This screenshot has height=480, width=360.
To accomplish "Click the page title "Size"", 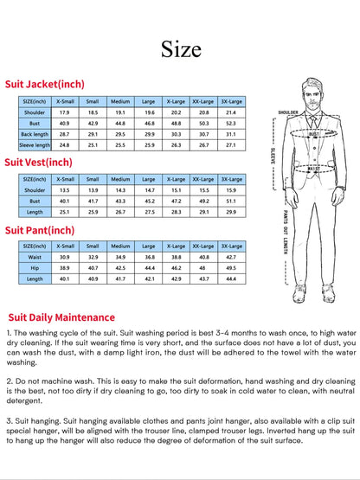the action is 180,49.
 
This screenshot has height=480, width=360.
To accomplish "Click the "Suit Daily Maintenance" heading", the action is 61,317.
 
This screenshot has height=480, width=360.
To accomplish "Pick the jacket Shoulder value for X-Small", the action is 64,112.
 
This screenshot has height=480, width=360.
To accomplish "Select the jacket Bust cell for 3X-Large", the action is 231,124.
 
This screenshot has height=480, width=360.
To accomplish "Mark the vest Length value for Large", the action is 149,211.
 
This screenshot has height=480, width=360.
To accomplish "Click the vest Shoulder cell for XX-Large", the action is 203,189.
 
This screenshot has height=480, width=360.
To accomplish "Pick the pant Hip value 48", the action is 203,268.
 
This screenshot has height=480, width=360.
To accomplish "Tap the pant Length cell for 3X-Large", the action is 231,278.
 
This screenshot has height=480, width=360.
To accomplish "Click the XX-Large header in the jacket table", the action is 203,101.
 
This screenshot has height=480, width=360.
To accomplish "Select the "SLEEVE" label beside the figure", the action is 273,155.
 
